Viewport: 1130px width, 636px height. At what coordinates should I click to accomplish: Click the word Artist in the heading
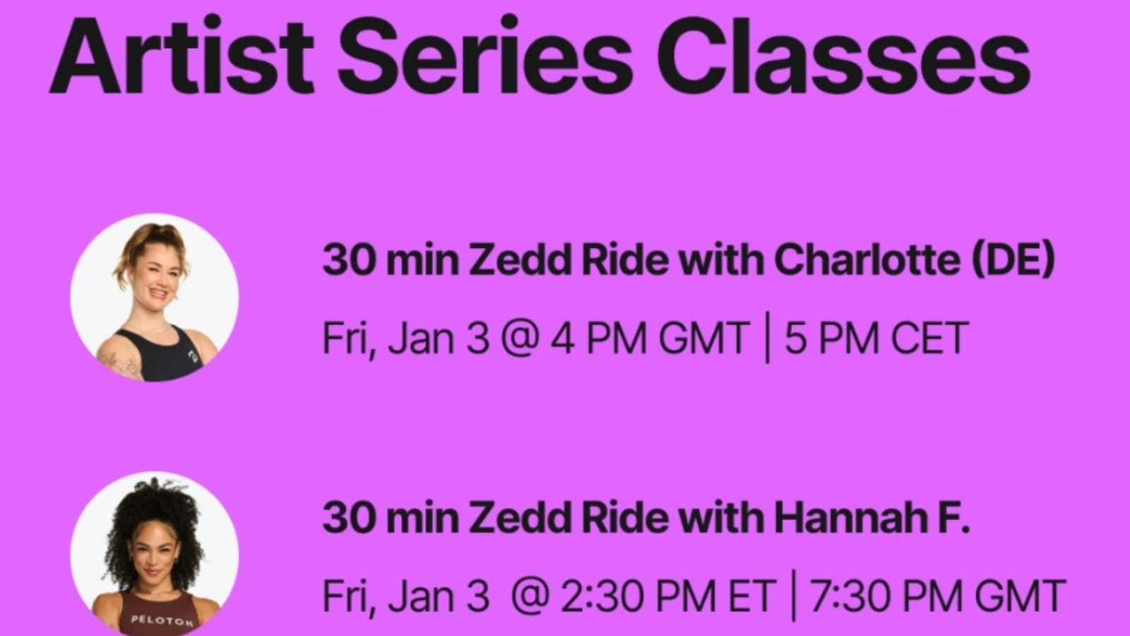tap(182, 56)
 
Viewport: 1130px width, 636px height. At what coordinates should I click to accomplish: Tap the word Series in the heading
tap(484, 56)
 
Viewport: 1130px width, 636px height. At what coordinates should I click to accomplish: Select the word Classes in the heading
tap(843, 56)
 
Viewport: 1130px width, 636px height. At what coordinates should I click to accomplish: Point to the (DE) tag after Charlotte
tap(1014, 261)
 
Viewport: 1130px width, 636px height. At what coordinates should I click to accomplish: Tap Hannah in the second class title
tap(850, 518)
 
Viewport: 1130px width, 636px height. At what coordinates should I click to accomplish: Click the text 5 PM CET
tap(876, 338)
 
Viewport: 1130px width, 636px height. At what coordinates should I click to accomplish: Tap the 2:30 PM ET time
tap(668, 596)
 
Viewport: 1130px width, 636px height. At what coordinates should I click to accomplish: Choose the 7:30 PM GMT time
tap(937, 596)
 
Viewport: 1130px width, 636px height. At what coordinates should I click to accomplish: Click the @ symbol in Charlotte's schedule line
tap(518, 339)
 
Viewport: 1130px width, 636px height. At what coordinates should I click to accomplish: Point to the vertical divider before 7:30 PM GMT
tap(794, 596)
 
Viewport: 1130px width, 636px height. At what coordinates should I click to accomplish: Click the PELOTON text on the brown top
tap(162, 620)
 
